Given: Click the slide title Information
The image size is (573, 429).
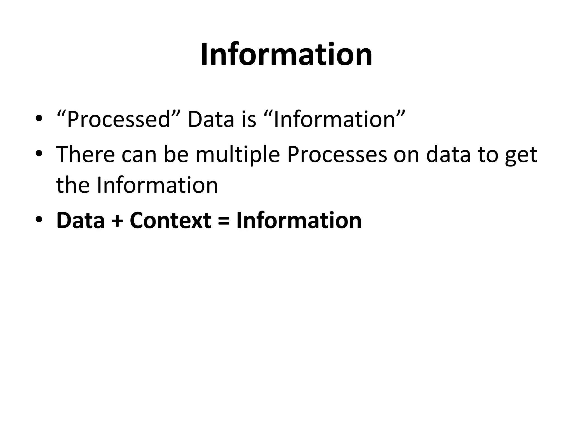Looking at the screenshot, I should coord(286,54).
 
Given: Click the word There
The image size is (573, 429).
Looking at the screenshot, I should coord(86,154).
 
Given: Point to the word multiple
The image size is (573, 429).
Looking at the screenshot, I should coord(238,154).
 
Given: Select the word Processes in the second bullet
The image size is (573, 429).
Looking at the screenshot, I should coord(337,154).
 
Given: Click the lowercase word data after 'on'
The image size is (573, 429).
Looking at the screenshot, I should coord(448,154).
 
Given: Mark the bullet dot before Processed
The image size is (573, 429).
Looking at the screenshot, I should coord(39,119).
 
